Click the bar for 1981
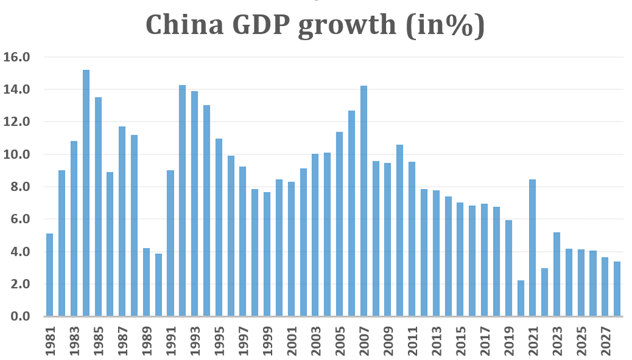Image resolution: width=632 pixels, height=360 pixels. pyautogui.click(x=49, y=275)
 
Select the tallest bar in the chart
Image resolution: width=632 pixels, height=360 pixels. pyautogui.click(x=86, y=193)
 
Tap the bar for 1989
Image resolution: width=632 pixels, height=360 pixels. pyautogui.click(x=146, y=282)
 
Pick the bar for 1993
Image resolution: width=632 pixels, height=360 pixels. pyautogui.click(x=194, y=203)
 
